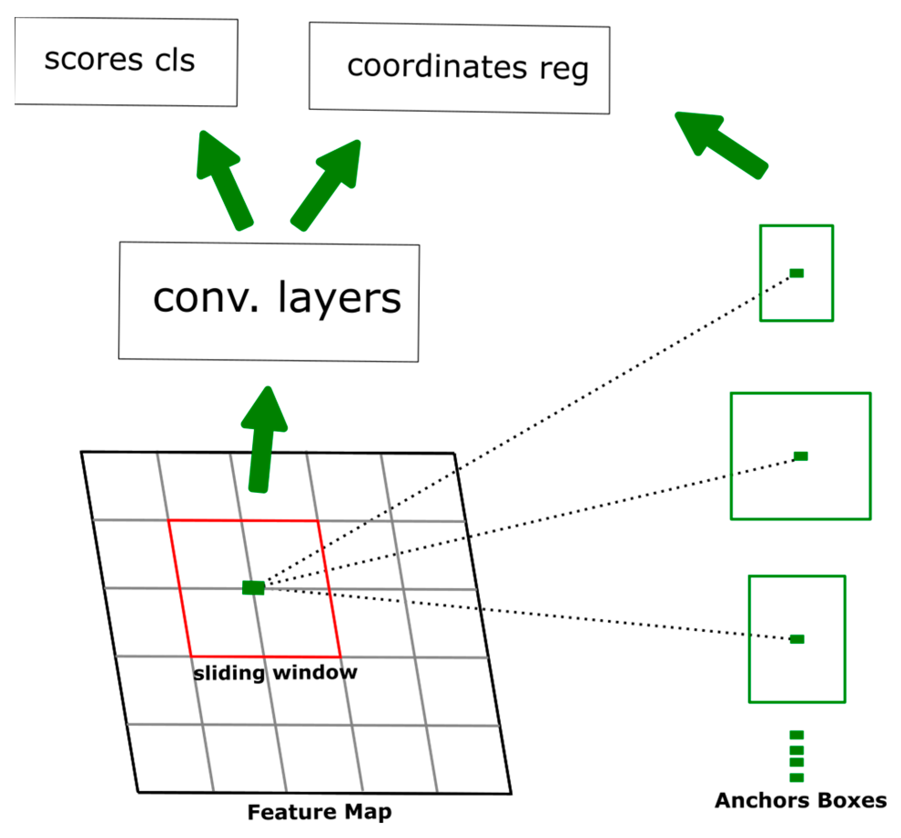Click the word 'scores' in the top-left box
(x=94, y=60)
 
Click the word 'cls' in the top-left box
(x=175, y=61)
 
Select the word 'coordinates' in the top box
(x=437, y=67)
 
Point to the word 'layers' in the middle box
(x=339, y=299)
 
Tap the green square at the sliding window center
(x=253, y=587)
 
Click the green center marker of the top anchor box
(x=796, y=273)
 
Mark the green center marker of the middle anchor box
(x=800, y=456)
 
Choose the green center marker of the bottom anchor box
(x=797, y=639)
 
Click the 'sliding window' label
(x=275, y=672)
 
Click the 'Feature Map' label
(x=319, y=812)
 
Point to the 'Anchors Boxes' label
(x=800, y=801)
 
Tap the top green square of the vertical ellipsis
(x=796, y=735)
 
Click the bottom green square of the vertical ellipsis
(x=796, y=778)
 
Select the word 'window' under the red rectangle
(x=315, y=672)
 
